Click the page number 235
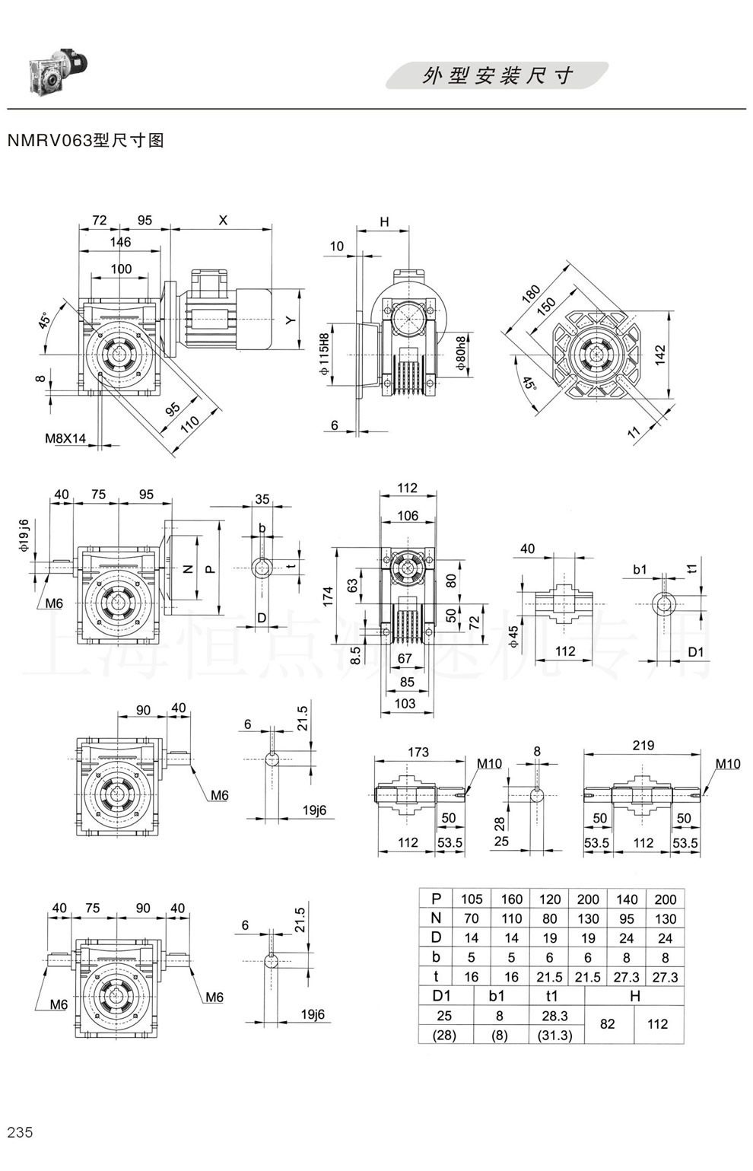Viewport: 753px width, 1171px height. click(20, 1131)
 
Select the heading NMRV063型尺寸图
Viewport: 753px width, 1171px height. click(85, 141)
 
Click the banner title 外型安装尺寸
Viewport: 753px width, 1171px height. click(497, 76)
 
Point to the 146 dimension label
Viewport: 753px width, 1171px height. click(120, 243)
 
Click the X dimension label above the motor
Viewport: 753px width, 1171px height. click(223, 221)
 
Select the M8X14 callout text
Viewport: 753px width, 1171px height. click(65, 438)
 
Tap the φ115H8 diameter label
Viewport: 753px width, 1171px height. click(325, 354)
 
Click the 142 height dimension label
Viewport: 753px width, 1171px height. click(659, 355)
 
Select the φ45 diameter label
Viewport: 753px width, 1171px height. click(513, 636)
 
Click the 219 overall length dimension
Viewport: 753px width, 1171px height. click(643, 746)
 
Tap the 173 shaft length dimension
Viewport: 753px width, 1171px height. click(418, 752)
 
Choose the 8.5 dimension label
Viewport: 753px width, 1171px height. click(354, 654)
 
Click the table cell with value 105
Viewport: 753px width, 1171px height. click(472, 899)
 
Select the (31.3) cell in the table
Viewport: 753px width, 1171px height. click(554, 1035)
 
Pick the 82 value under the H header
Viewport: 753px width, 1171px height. click(607, 1024)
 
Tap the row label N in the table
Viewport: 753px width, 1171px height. click(436, 918)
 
